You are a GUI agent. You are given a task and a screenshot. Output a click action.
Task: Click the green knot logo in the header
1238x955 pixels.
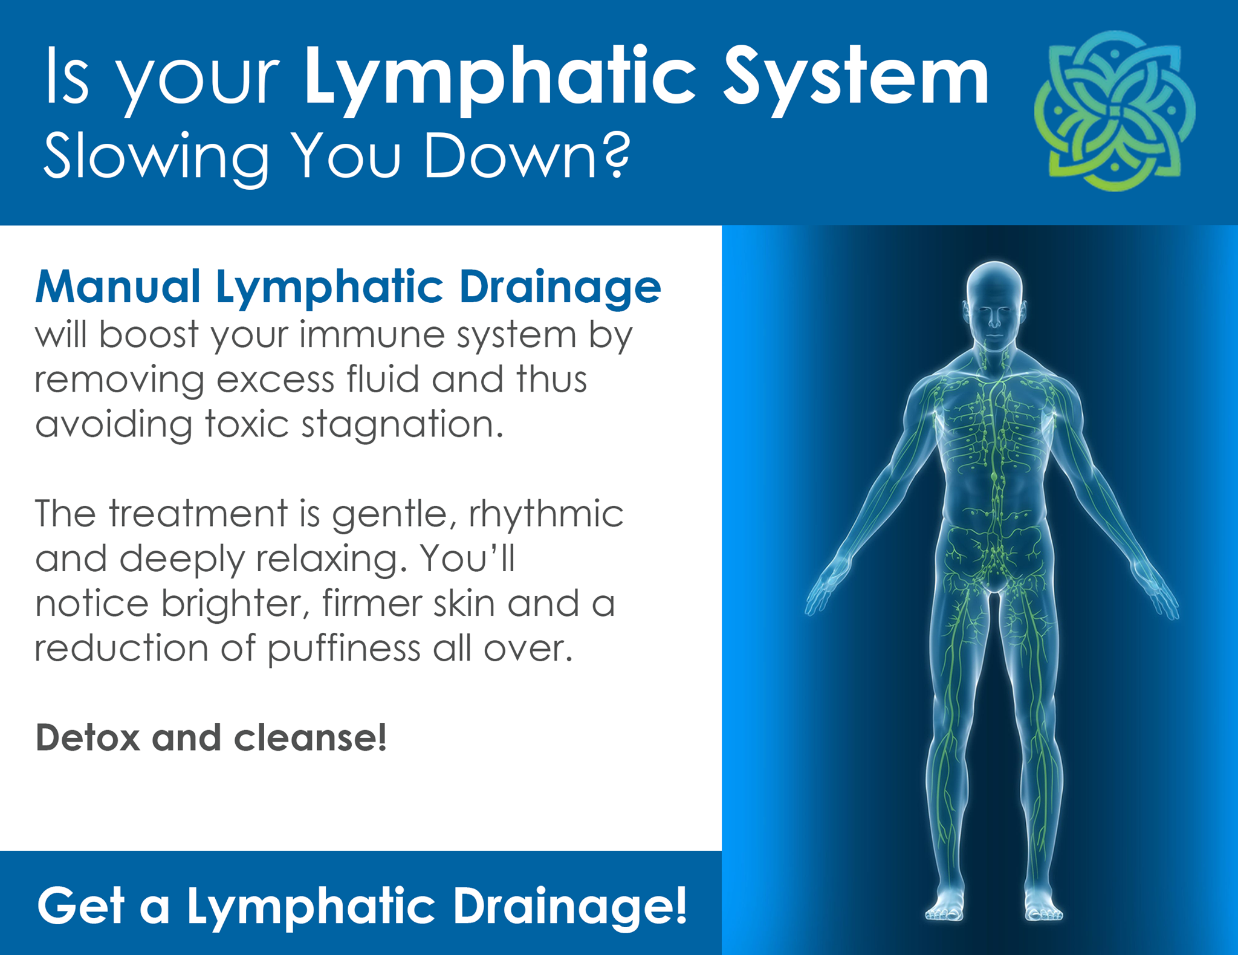point(1115,111)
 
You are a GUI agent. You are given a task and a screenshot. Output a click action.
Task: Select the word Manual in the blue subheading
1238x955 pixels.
point(118,286)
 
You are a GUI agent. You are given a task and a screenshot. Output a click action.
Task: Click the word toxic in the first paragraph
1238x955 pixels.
point(247,424)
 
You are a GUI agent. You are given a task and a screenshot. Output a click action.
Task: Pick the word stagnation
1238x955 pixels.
point(402,425)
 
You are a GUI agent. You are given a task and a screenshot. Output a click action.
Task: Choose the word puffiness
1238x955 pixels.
point(343,649)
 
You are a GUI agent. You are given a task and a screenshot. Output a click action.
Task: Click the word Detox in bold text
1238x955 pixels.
point(88,738)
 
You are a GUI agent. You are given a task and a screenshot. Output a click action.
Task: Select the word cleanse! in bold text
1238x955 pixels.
point(310,738)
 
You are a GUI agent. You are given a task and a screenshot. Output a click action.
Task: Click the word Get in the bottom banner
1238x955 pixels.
point(80,905)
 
